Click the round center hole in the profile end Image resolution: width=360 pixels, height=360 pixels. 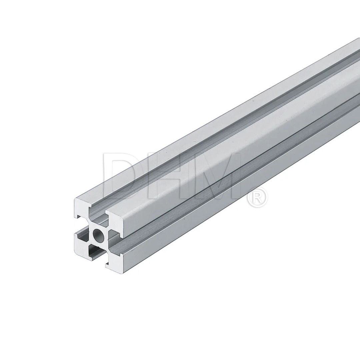(98, 234)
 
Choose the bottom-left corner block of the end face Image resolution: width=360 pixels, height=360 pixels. (82, 247)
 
